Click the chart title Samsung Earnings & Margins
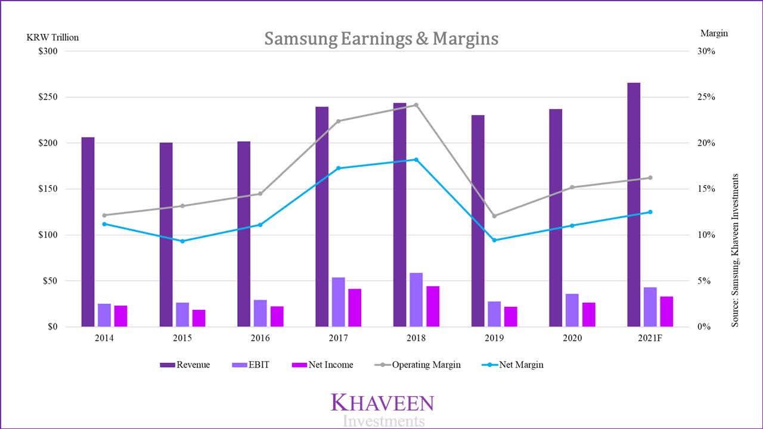pyautogui.click(x=381, y=39)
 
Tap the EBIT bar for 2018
pyautogui.click(x=416, y=300)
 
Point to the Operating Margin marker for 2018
pyautogui.click(x=416, y=105)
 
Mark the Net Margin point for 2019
pyautogui.click(x=494, y=240)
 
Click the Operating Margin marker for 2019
pyautogui.click(x=494, y=216)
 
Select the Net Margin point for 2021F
pyautogui.click(x=650, y=212)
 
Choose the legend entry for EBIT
pyautogui.click(x=250, y=365)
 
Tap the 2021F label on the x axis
pyautogui.click(x=650, y=338)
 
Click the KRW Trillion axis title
pyautogui.click(x=52, y=37)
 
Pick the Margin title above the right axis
pyautogui.click(x=714, y=33)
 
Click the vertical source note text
pyautogui.click(x=735, y=250)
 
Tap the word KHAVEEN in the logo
pyautogui.click(x=382, y=403)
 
